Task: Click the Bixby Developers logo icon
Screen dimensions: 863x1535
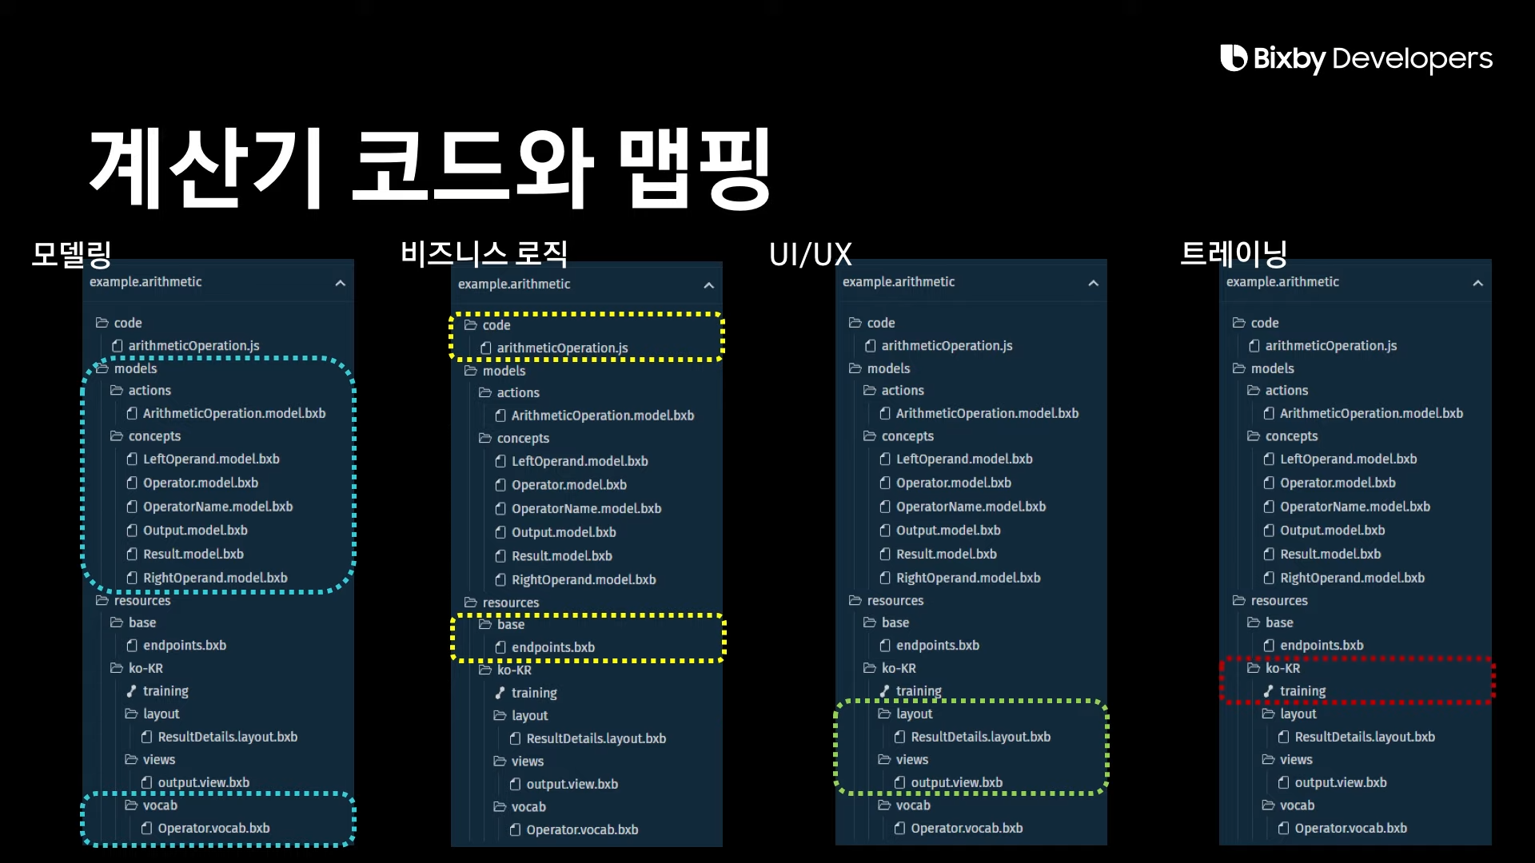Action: pyautogui.click(x=1233, y=58)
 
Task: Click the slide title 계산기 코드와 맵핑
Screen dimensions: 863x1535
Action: pyautogui.click(x=430, y=167)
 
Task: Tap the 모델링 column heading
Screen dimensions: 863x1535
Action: pyautogui.click(x=71, y=254)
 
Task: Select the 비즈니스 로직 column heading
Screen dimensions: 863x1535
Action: pyautogui.click(x=484, y=254)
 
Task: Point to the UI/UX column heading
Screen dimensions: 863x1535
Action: pyautogui.click(x=810, y=255)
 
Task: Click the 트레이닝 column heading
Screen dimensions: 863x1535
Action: pyautogui.click(x=1234, y=254)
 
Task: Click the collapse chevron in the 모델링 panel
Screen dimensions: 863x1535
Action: pyautogui.click(x=341, y=283)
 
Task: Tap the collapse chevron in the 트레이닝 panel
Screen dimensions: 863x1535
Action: pyautogui.click(x=1477, y=283)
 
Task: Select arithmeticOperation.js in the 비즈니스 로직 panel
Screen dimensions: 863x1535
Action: pyautogui.click(x=562, y=348)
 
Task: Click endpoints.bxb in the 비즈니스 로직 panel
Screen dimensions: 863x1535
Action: pyautogui.click(x=552, y=647)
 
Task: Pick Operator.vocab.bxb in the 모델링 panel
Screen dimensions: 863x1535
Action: pyautogui.click(x=213, y=829)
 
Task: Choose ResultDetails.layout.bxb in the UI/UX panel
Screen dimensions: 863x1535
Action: pyautogui.click(x=980, y=737)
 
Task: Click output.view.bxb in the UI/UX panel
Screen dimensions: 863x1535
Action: pyautogui.click(x=956, y=783)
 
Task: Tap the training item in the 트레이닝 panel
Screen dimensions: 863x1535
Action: pyautogui.click(x=1302, y=691)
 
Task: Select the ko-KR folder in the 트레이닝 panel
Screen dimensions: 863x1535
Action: pyautogui.click(x=1282, y=668)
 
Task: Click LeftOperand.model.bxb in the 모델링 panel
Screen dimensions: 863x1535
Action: pyautogui.click(x=211, y=459)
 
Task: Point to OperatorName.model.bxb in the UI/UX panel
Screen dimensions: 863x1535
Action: pyautogui.click(x=971, y=507)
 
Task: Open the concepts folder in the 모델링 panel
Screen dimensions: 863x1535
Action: pyautogui.click(x=154, y=436)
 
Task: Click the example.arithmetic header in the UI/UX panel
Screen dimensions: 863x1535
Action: pyautogui.click(x=899, y=282)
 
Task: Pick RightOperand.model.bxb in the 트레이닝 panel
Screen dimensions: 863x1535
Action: pyautogui.click(x=1352, y=578)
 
